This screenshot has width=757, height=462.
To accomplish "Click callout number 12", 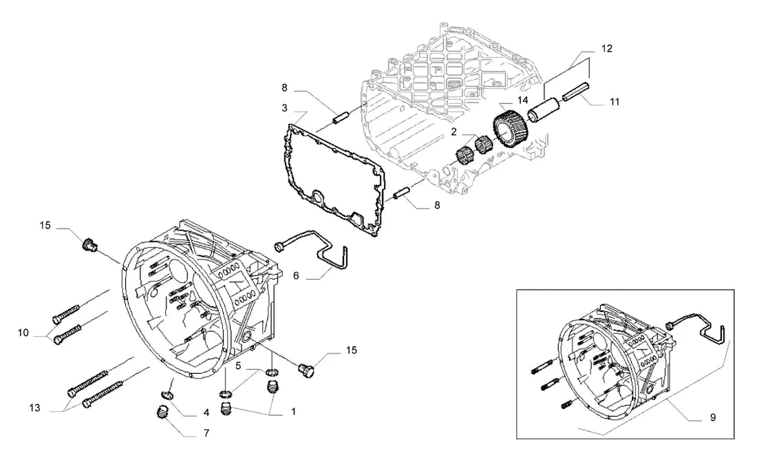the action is pos(607,48).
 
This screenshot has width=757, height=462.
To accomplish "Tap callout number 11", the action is pos(614,102).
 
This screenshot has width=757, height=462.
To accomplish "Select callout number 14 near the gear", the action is pos(523,101).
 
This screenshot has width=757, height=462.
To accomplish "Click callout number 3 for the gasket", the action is pos(285,108).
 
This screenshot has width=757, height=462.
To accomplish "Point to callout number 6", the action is pos(296,275).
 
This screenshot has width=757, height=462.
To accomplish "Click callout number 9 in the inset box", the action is pos(713,417).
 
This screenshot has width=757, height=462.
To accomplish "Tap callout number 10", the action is pos(23,333).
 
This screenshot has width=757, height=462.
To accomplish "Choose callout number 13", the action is pos(34,408).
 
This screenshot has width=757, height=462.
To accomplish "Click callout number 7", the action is pos(206,434).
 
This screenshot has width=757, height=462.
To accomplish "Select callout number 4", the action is pos(206,412).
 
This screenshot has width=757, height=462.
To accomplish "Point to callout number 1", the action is pos(293,412).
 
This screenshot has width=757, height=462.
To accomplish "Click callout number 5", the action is pos(238,366).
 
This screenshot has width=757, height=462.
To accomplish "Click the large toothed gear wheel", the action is pos(511,129).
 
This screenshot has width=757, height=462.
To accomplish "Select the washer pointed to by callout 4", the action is pos(167,397).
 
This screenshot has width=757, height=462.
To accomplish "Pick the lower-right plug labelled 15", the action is pos(306,370).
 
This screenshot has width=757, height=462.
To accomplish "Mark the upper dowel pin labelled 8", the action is pos(341,118).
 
